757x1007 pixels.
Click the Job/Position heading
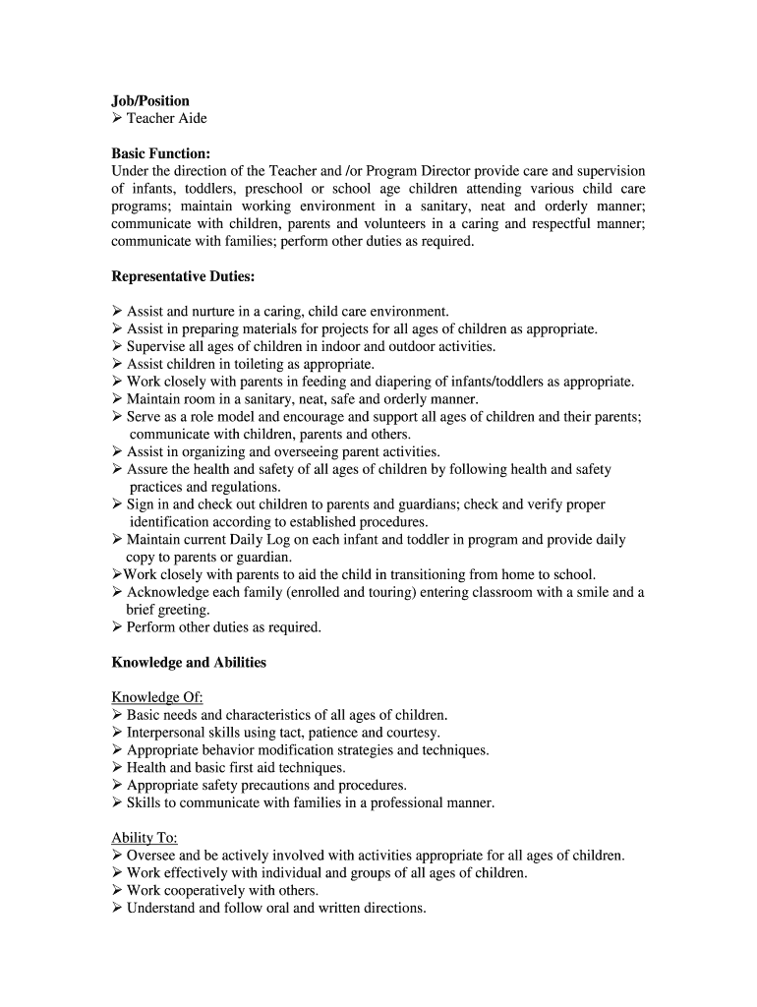[150, 101]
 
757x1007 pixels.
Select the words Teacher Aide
[166, 119]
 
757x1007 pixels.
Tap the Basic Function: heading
[160, 154]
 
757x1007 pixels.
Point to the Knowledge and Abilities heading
[189, 663]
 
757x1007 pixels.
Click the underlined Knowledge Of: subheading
[156, 698]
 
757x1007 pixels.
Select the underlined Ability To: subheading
[144, 838]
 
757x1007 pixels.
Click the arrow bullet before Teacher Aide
[117, 119]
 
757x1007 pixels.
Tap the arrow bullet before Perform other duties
[117, 627]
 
